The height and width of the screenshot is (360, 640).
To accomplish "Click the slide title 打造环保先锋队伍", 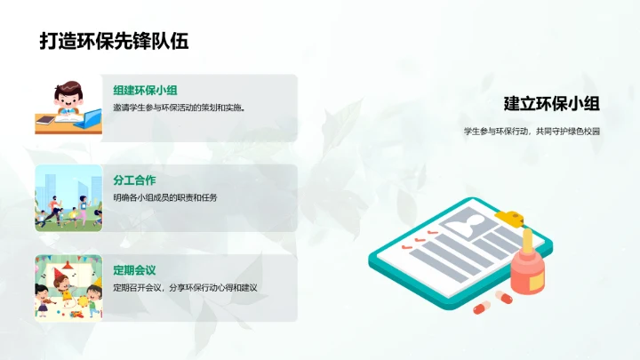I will point(114,41).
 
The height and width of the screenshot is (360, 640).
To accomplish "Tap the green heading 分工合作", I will point(135,180).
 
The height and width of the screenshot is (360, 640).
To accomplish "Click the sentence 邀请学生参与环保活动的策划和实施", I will point(179,108).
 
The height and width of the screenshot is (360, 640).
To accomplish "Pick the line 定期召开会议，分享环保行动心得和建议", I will point(197,288).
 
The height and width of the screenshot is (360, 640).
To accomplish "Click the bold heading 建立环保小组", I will point(551,103).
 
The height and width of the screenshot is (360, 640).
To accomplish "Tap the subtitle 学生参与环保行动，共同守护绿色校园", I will point(532,131).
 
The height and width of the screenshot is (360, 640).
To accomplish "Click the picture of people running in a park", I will point(68,197).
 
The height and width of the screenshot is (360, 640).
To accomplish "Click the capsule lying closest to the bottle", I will point(503,295).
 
